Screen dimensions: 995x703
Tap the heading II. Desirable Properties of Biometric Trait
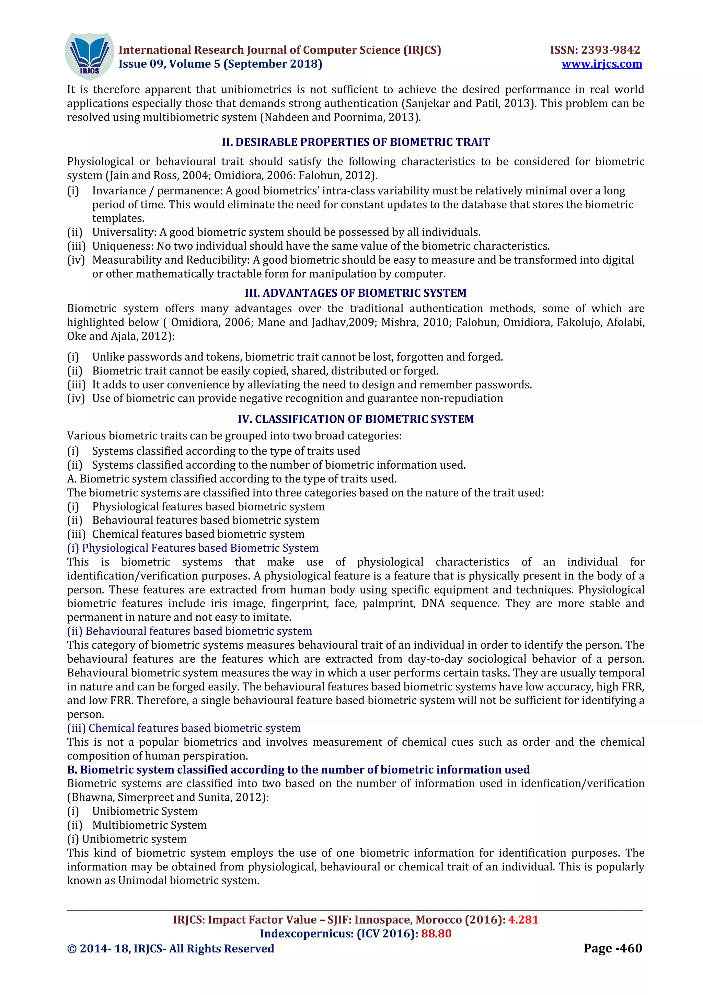pos(356,142)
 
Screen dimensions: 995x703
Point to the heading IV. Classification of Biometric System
pos(356,419)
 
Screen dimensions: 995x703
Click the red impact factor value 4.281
pos(523,919)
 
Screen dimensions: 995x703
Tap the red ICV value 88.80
pos(436,934)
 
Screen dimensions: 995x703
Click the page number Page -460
pos(612,948)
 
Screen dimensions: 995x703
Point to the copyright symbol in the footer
pos(72,949)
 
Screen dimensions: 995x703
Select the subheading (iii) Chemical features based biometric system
pos(184,728)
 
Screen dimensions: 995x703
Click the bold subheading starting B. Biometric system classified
pos(298,770)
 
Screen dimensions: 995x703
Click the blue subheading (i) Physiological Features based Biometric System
pos(193,548)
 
